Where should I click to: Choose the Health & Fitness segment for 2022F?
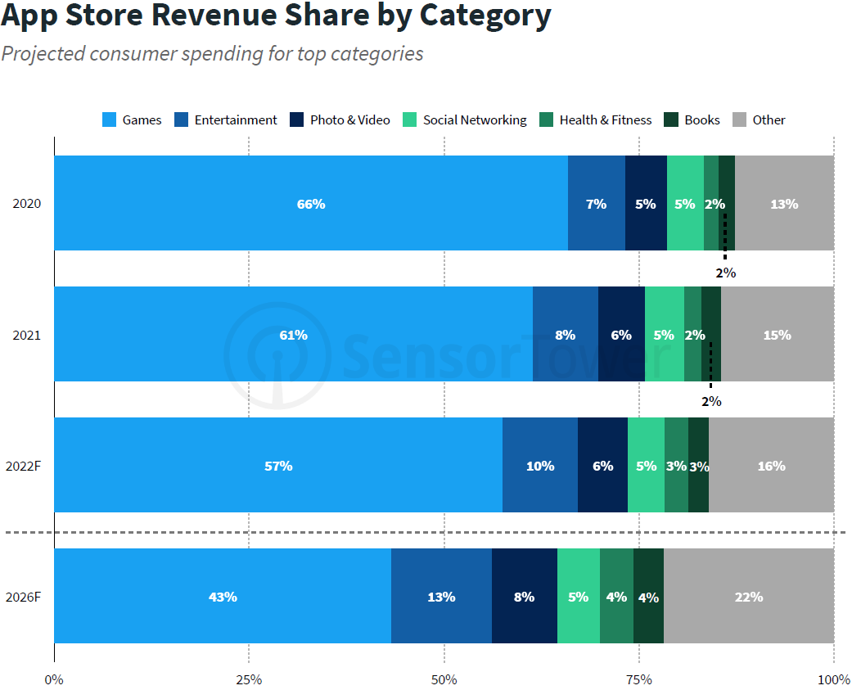pyautogui.click(x=676, y=465)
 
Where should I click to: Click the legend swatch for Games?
pyautogui.click(x=109, y=120)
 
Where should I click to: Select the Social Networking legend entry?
pyautogui.click(x=474, y=120)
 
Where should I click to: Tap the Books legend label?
pyautogui.click(x=702, y=120)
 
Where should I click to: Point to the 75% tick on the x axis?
pyautogui.click(x=638, y=679)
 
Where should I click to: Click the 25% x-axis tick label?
pyautogui.click(x=249, y=679)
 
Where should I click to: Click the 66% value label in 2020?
pyautogui.click(x=311, y=204)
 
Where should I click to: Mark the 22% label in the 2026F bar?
pyautogui.click(x=749, y=597)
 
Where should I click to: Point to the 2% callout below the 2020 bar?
pyautogui.click(x=725, y=273)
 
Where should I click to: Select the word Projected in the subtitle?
pyautogui.click(x=43, y=53)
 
